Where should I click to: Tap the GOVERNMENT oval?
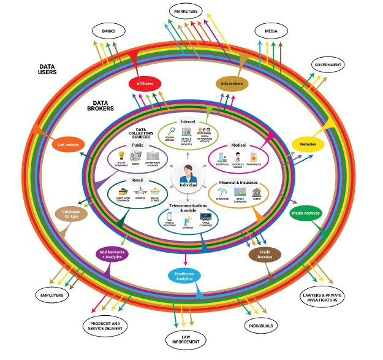point(328,64)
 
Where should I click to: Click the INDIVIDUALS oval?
point(262,325)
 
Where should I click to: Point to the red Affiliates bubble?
point(145,83)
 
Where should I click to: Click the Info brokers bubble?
point(232,83)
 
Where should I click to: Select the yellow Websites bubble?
point(308,144)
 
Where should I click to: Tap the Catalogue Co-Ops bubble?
point(70,214)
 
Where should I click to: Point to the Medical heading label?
point(238,145)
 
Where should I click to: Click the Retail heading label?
point(137,180)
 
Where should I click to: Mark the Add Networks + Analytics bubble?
point(112,253)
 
